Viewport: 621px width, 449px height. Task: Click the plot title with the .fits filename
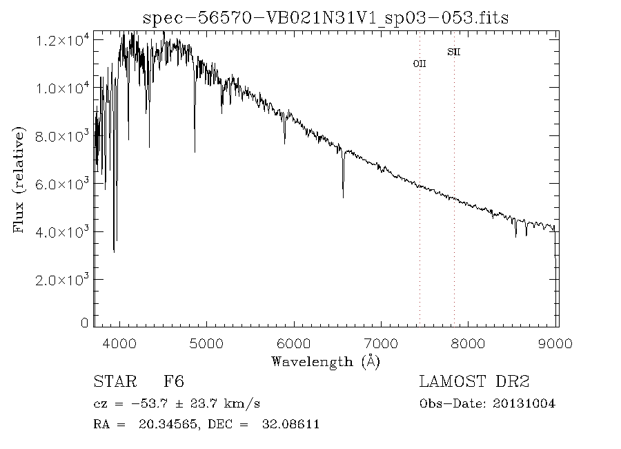pos(325,18)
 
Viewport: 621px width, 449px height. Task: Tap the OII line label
pos(420,64)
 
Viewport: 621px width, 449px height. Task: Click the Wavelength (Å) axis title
pos(325,361)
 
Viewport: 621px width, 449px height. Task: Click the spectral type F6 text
pos(173,382)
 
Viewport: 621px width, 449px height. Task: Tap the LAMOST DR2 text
pos(474,382)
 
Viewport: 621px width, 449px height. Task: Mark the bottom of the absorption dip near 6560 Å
pos(343,198)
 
